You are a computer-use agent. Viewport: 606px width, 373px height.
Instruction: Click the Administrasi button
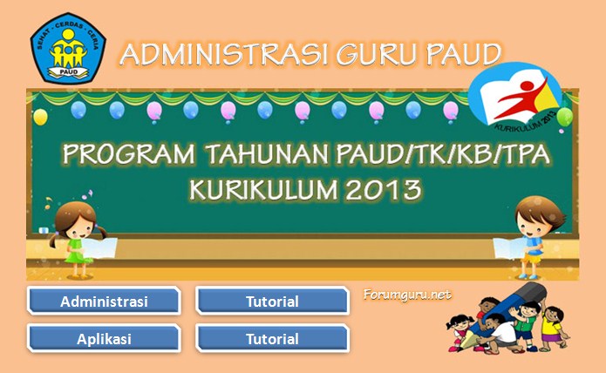(x=104, y=302)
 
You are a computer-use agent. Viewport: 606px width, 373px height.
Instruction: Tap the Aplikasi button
(x=104, y=339)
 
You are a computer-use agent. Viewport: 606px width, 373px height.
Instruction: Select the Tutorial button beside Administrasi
(x=272, y=302)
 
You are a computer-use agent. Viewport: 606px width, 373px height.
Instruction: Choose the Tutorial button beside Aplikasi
(x=272, y=339)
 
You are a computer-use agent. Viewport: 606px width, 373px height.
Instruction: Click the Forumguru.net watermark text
(x=407, y=295)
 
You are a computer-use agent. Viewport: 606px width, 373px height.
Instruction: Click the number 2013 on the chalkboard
(x=383, y=188)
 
